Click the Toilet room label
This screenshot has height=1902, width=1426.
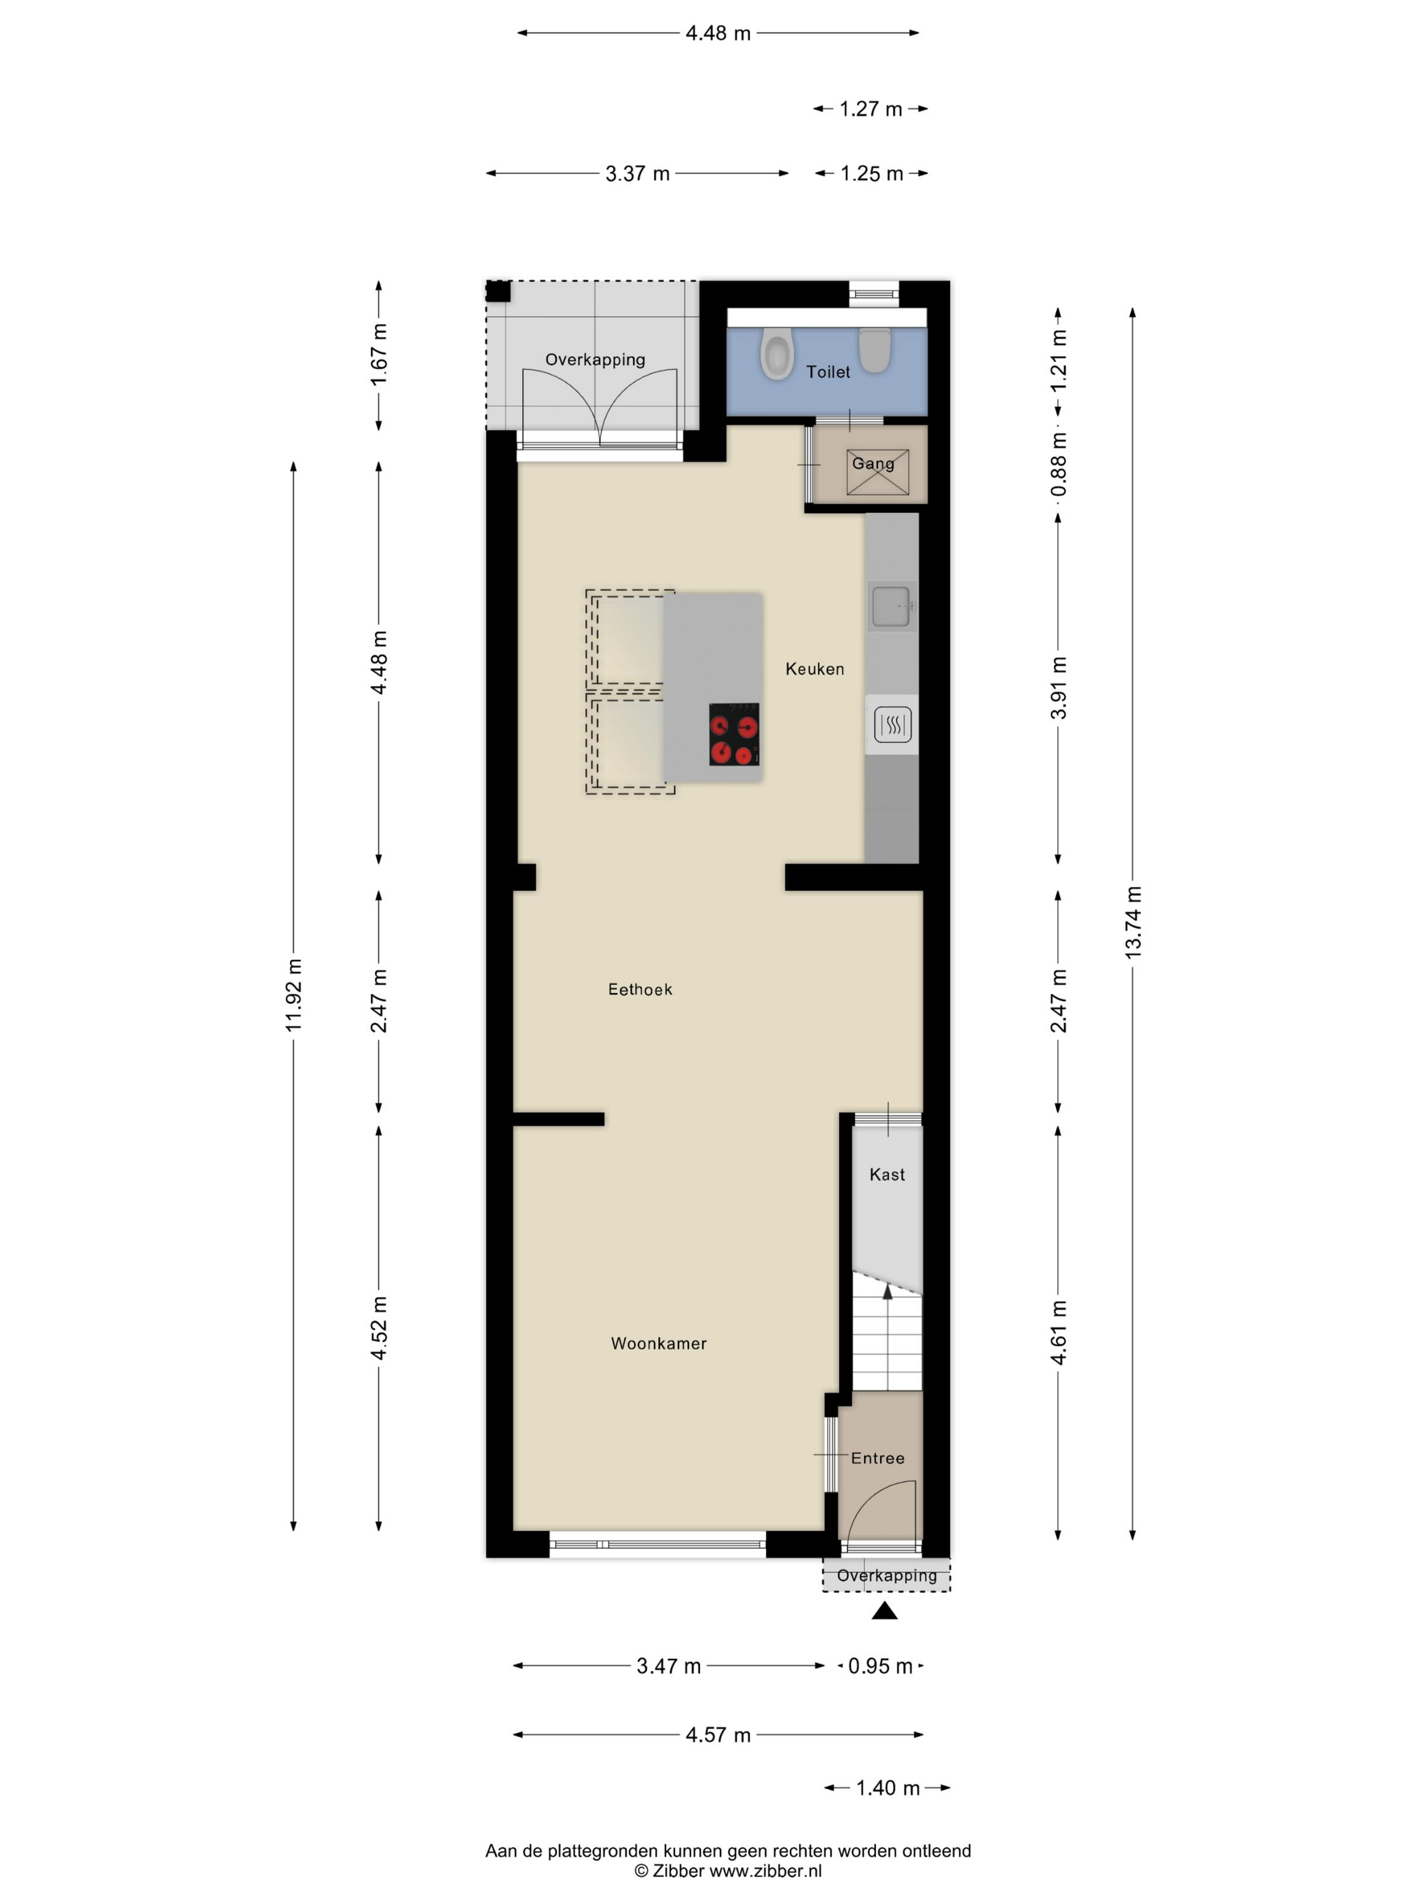click(828, 372)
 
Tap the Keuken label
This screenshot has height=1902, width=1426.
click(815, 669)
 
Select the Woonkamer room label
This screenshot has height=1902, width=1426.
click(659, 1343)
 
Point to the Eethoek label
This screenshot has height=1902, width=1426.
click(640, 990)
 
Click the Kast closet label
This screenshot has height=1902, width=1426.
click(887, 1174)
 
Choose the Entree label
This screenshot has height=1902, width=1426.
click(877, 1458)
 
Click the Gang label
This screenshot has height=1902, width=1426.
click(873, 463)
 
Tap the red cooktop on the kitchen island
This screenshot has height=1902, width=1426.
click(734, 734)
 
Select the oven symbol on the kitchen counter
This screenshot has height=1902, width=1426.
click(893, 725)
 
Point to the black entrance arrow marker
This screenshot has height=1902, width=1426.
click(885, 1611)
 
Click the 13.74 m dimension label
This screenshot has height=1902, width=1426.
click(1133, 922)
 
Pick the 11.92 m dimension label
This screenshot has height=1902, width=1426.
click(294, 995)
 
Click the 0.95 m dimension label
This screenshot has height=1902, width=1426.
click(880, 1666)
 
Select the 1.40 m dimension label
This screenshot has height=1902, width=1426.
click(888, 1789)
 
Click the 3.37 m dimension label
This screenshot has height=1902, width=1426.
click(637, 174)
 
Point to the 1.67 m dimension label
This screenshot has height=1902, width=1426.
click(379, 355)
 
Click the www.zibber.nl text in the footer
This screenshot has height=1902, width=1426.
click(765, 1871)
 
